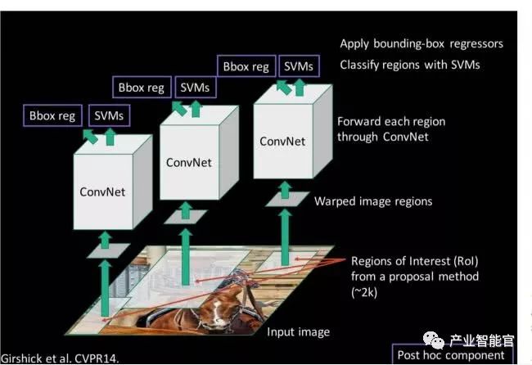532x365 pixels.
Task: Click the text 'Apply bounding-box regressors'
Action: pyautogui.click(x=421, y=43)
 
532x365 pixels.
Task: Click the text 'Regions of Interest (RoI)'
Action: pyautogui.click(x=414, y=261)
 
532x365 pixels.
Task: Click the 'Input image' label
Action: pyautogui.click(x=298, y=331)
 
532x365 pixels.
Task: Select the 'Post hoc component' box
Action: pyautogui.click(x=451, y=355)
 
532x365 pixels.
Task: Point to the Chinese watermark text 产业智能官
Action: pyautogui.click(x=481, y=339)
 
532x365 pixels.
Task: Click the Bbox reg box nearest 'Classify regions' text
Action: pyautogui.click(x=245, y=65)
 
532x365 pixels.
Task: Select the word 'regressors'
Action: pyautogui.click(x=476, y=43)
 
